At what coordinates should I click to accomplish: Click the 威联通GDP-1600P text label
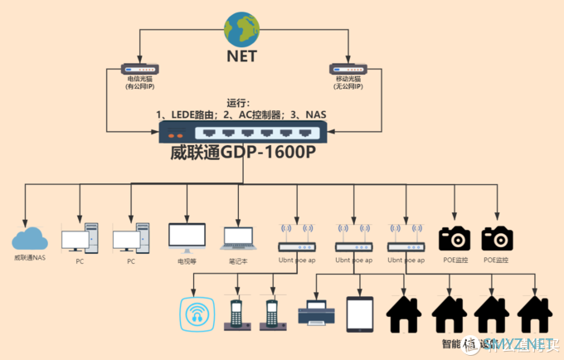click(x=244, y=153)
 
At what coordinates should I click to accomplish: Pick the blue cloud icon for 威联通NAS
click(x=31, y=239)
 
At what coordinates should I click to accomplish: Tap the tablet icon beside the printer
click(x=361, y=314)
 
